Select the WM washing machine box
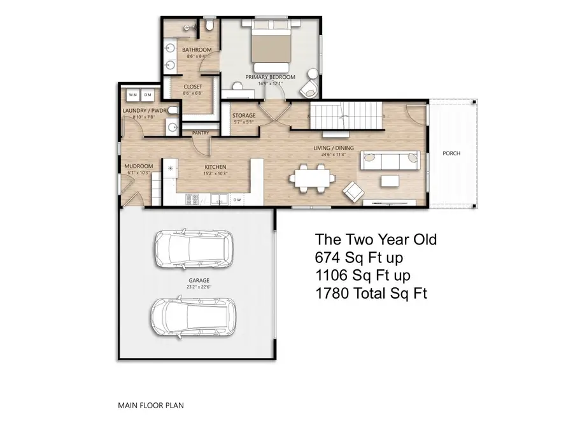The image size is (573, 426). pos(133,95)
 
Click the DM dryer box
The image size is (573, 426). pos(148,95)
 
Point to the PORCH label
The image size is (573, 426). pos(451,153)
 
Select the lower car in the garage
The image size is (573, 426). pos(190,316)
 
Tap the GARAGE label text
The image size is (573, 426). pos(199,280)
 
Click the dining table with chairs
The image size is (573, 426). pos(312,176)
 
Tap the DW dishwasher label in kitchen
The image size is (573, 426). pos(236,200)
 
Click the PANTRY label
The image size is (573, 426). pos(201,132)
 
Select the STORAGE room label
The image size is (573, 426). pos(244,115)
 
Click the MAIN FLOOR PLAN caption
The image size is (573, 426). pos(152,404)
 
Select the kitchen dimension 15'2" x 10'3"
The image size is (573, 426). pos(214,173)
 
